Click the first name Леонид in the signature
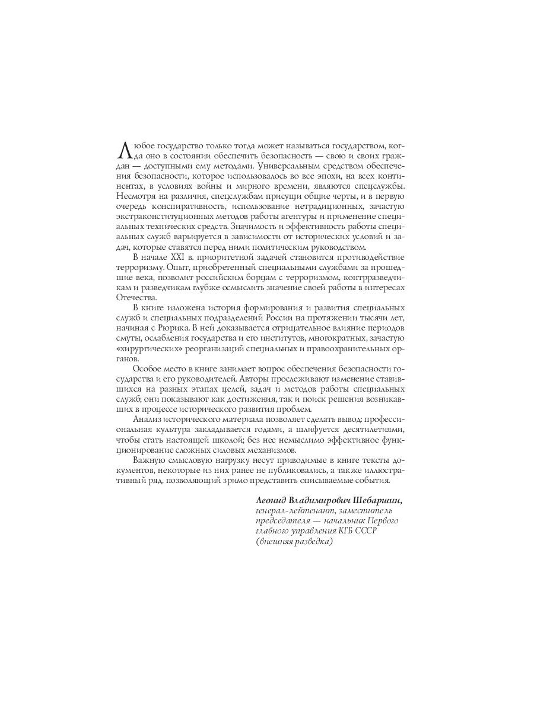(274, 501)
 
